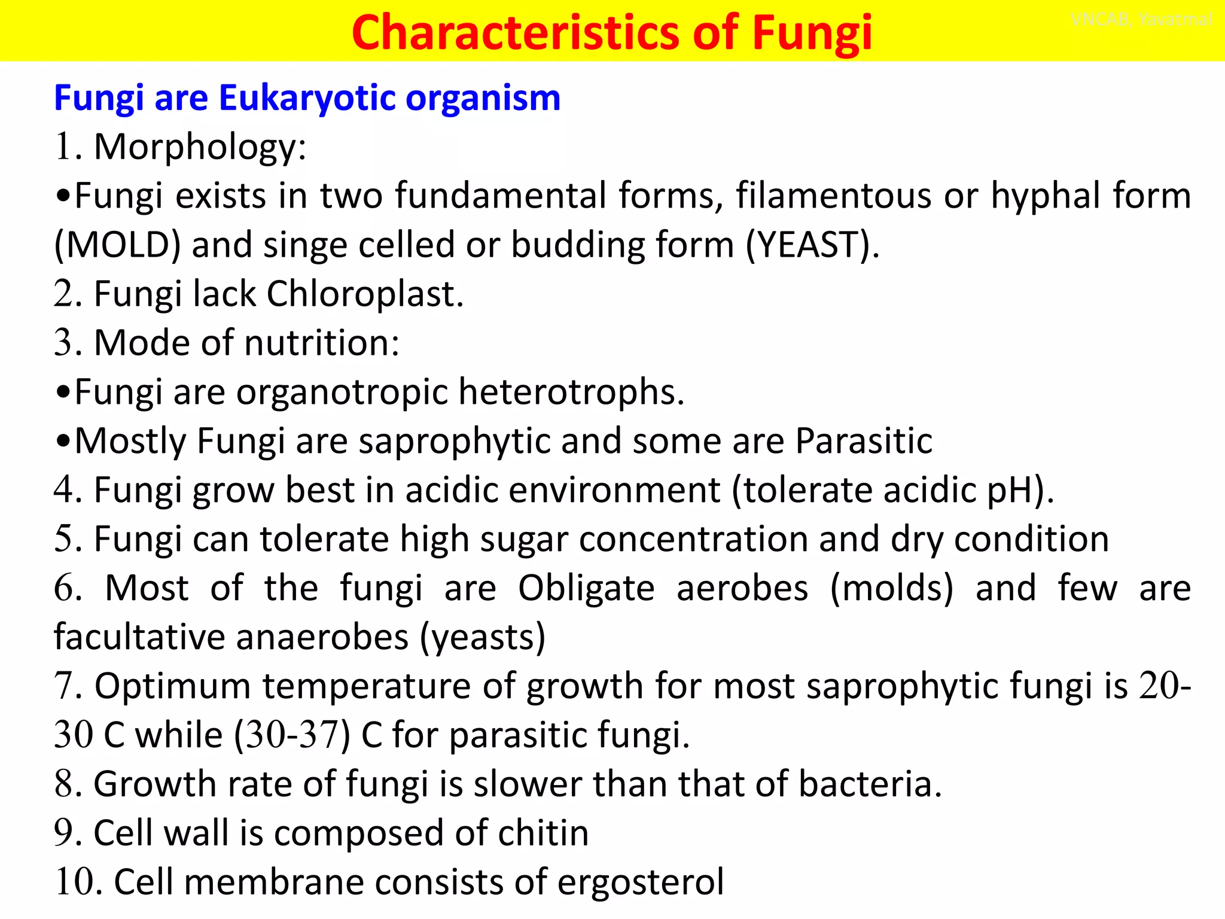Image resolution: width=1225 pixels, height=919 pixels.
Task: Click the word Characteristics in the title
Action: click(516, 32)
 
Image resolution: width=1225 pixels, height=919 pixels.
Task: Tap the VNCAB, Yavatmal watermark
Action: click(1141, 20)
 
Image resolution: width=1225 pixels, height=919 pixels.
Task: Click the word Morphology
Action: click(200, 147)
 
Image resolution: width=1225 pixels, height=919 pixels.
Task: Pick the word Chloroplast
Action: click(364, 294)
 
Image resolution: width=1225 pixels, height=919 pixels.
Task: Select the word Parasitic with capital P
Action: click(864, 442)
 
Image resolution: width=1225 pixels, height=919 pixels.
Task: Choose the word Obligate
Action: click(586, 589)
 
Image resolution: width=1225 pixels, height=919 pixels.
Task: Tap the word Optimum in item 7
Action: click(172, 686)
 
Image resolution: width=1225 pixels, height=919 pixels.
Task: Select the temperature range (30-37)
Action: click(292, 735)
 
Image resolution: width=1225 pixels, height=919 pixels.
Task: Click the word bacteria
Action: click(870, 784)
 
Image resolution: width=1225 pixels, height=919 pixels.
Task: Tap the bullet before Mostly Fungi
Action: click(63, 442)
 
